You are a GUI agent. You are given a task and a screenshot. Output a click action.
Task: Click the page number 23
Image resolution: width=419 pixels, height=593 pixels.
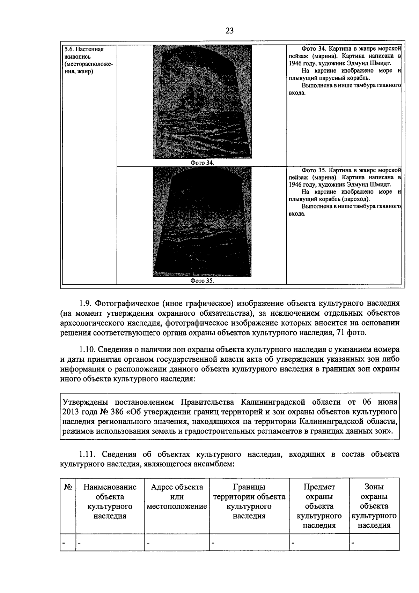[x=229, y=31]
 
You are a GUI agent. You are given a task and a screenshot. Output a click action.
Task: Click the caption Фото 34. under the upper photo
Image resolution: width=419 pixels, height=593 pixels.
[x=202, y=163]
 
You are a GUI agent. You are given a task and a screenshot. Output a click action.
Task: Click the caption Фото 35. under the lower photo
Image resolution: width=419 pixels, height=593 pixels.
[x=202, y=281]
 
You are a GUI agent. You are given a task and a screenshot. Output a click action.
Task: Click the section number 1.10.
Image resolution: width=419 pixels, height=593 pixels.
[x=87, y=350]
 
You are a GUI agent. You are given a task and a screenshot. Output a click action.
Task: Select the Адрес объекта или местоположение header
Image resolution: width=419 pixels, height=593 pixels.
[x=177, y=497]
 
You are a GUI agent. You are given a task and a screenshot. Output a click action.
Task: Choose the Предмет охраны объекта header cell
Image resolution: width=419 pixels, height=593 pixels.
[x=319, y=506]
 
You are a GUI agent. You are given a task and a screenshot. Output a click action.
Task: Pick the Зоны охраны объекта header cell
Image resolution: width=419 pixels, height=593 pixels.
[x=374, y=506]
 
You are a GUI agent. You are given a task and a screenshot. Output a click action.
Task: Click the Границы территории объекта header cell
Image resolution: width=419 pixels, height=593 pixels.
[x=249, y=501]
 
